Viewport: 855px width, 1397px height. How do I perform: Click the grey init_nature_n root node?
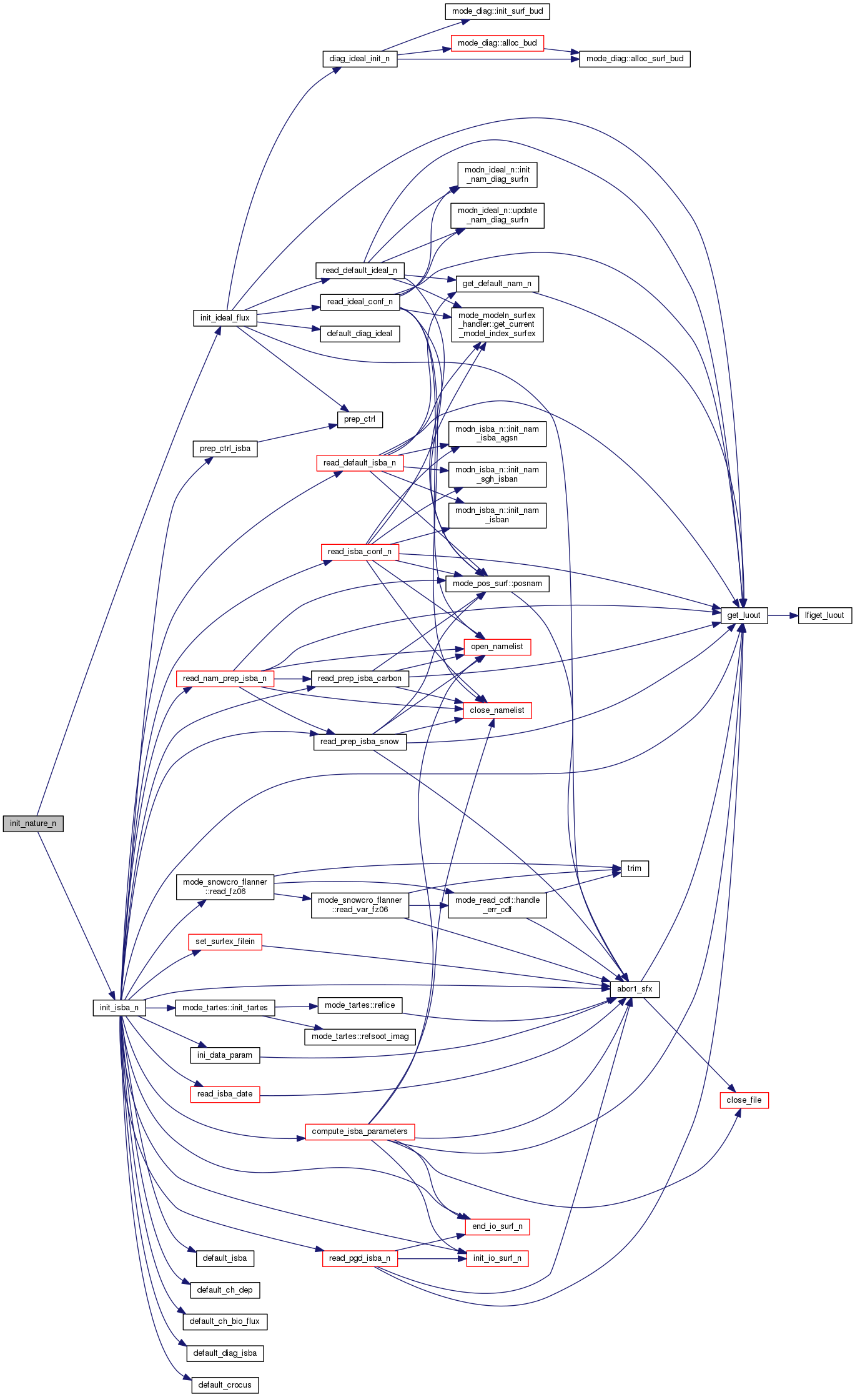tap(33, 823)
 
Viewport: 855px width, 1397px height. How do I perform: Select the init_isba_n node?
tap(119, 1008)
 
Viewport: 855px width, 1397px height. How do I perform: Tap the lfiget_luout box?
tap(824, 615)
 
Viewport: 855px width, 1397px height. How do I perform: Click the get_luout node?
tap(744, 615)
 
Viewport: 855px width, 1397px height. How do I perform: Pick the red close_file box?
tap(744, 1100)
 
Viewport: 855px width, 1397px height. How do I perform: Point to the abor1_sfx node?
tap(635, 989)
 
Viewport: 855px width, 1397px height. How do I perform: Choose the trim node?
tap(635, 868)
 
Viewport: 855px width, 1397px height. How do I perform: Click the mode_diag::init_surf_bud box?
tap(498, 11)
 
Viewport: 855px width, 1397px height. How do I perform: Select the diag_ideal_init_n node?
tap(360, 59)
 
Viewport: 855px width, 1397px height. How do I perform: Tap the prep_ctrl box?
tap(360, 419)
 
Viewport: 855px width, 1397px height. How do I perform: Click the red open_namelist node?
tap(497, 647)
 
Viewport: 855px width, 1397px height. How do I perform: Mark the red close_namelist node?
tap(497, 710)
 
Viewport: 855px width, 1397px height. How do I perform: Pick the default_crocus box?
tap(225, 1385)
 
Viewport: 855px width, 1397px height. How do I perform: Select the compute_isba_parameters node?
tap(360, 1131)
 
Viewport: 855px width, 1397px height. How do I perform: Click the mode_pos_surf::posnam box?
tap(497, 584)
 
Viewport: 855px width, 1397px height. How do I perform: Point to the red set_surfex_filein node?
tap(225, 942)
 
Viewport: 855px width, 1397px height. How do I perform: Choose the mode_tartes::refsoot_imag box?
tap(360, 1037)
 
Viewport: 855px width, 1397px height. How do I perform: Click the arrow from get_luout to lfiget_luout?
tap(783, 615)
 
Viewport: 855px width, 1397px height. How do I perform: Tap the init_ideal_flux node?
tap(225, 318)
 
